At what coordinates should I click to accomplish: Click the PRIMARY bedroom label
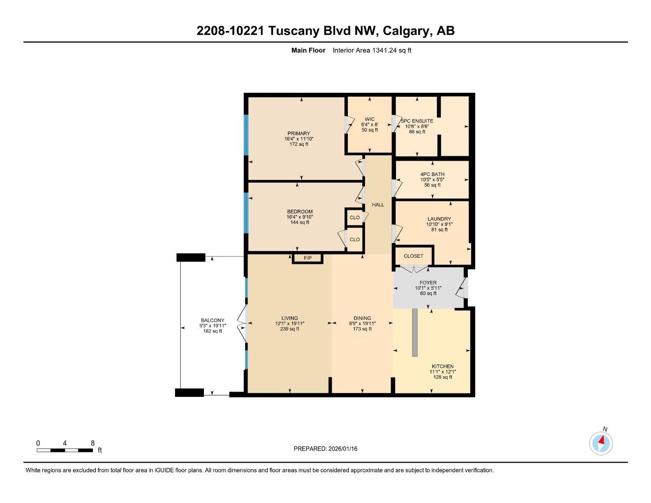(x=299, y=134)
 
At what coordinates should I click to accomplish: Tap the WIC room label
(x=369, y=119)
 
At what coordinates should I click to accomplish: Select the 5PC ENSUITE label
(x=417, y=121)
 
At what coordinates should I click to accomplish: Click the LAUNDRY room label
(x=439, y=219)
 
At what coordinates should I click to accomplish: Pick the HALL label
(x=378, y=205)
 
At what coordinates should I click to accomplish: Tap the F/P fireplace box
(x=308, y=258)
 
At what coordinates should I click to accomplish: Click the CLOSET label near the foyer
(x=413, y=256)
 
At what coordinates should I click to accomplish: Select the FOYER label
(x=428, y=283)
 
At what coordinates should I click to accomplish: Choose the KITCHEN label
(x=442, y=366)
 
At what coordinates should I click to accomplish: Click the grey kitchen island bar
(x=415, y=333)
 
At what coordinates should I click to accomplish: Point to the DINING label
(x=362, y=318)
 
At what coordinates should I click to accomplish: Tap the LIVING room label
(x=289, y=318)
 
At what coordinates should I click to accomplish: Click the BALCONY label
(x=212, y=320)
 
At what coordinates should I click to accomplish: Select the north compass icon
(x=601, y=443)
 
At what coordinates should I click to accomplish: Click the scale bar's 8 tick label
(x=92, y=443)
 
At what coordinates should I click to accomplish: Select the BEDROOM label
(x=300, y=212)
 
